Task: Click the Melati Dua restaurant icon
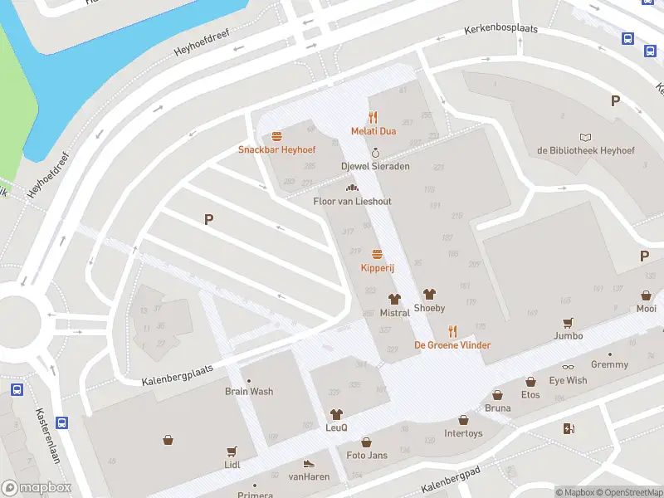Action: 373,117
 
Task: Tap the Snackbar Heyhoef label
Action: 276,149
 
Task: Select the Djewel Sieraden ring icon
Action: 375,153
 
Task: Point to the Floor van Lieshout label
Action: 352,202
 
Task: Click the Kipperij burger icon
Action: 377,254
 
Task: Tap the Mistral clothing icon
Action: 394,299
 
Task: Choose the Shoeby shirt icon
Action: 429,294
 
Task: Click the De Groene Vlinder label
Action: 452,345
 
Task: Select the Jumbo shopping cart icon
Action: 569,322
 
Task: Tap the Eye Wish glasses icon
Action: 568,367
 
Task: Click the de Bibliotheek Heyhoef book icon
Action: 586,137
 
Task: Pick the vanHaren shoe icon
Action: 309,463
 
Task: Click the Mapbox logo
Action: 37,488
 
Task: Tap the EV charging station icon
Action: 569,428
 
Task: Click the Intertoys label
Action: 463,433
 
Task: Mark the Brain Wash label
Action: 249,391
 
